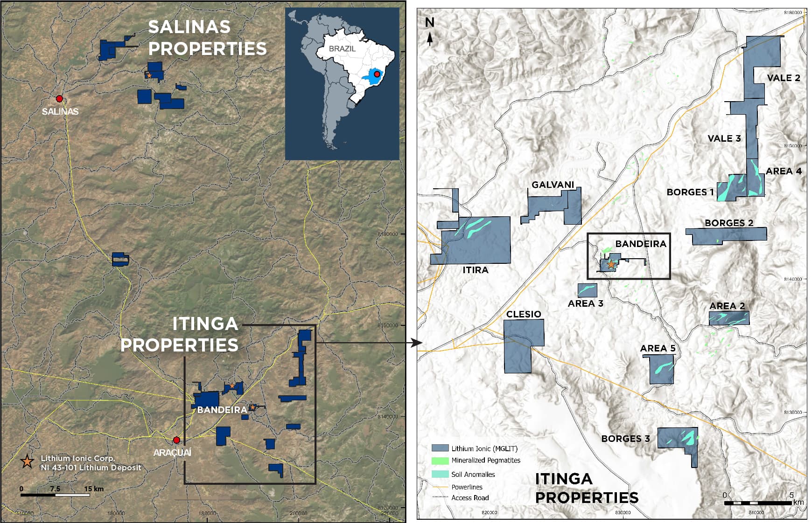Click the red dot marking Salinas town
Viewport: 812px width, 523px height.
59,99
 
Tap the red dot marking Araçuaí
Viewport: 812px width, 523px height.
176,440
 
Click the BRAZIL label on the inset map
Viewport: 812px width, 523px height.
342,48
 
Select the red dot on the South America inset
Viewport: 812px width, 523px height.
377,74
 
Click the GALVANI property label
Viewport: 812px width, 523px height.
553,185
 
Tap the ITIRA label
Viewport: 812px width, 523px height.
475,270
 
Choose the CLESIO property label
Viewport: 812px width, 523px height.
524,314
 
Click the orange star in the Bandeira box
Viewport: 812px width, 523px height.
611,264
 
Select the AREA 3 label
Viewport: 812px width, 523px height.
585,303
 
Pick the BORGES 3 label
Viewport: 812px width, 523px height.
625,439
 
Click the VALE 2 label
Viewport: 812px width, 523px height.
784,78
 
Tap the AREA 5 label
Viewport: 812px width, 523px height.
658,348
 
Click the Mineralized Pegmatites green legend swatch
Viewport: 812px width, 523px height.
440,461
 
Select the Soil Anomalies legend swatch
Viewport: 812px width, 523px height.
440,475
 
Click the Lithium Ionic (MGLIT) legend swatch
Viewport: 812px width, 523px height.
440,448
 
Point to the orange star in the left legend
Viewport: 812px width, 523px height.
28,461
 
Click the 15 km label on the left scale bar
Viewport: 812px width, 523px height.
94,489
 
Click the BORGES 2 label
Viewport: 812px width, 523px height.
728,223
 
